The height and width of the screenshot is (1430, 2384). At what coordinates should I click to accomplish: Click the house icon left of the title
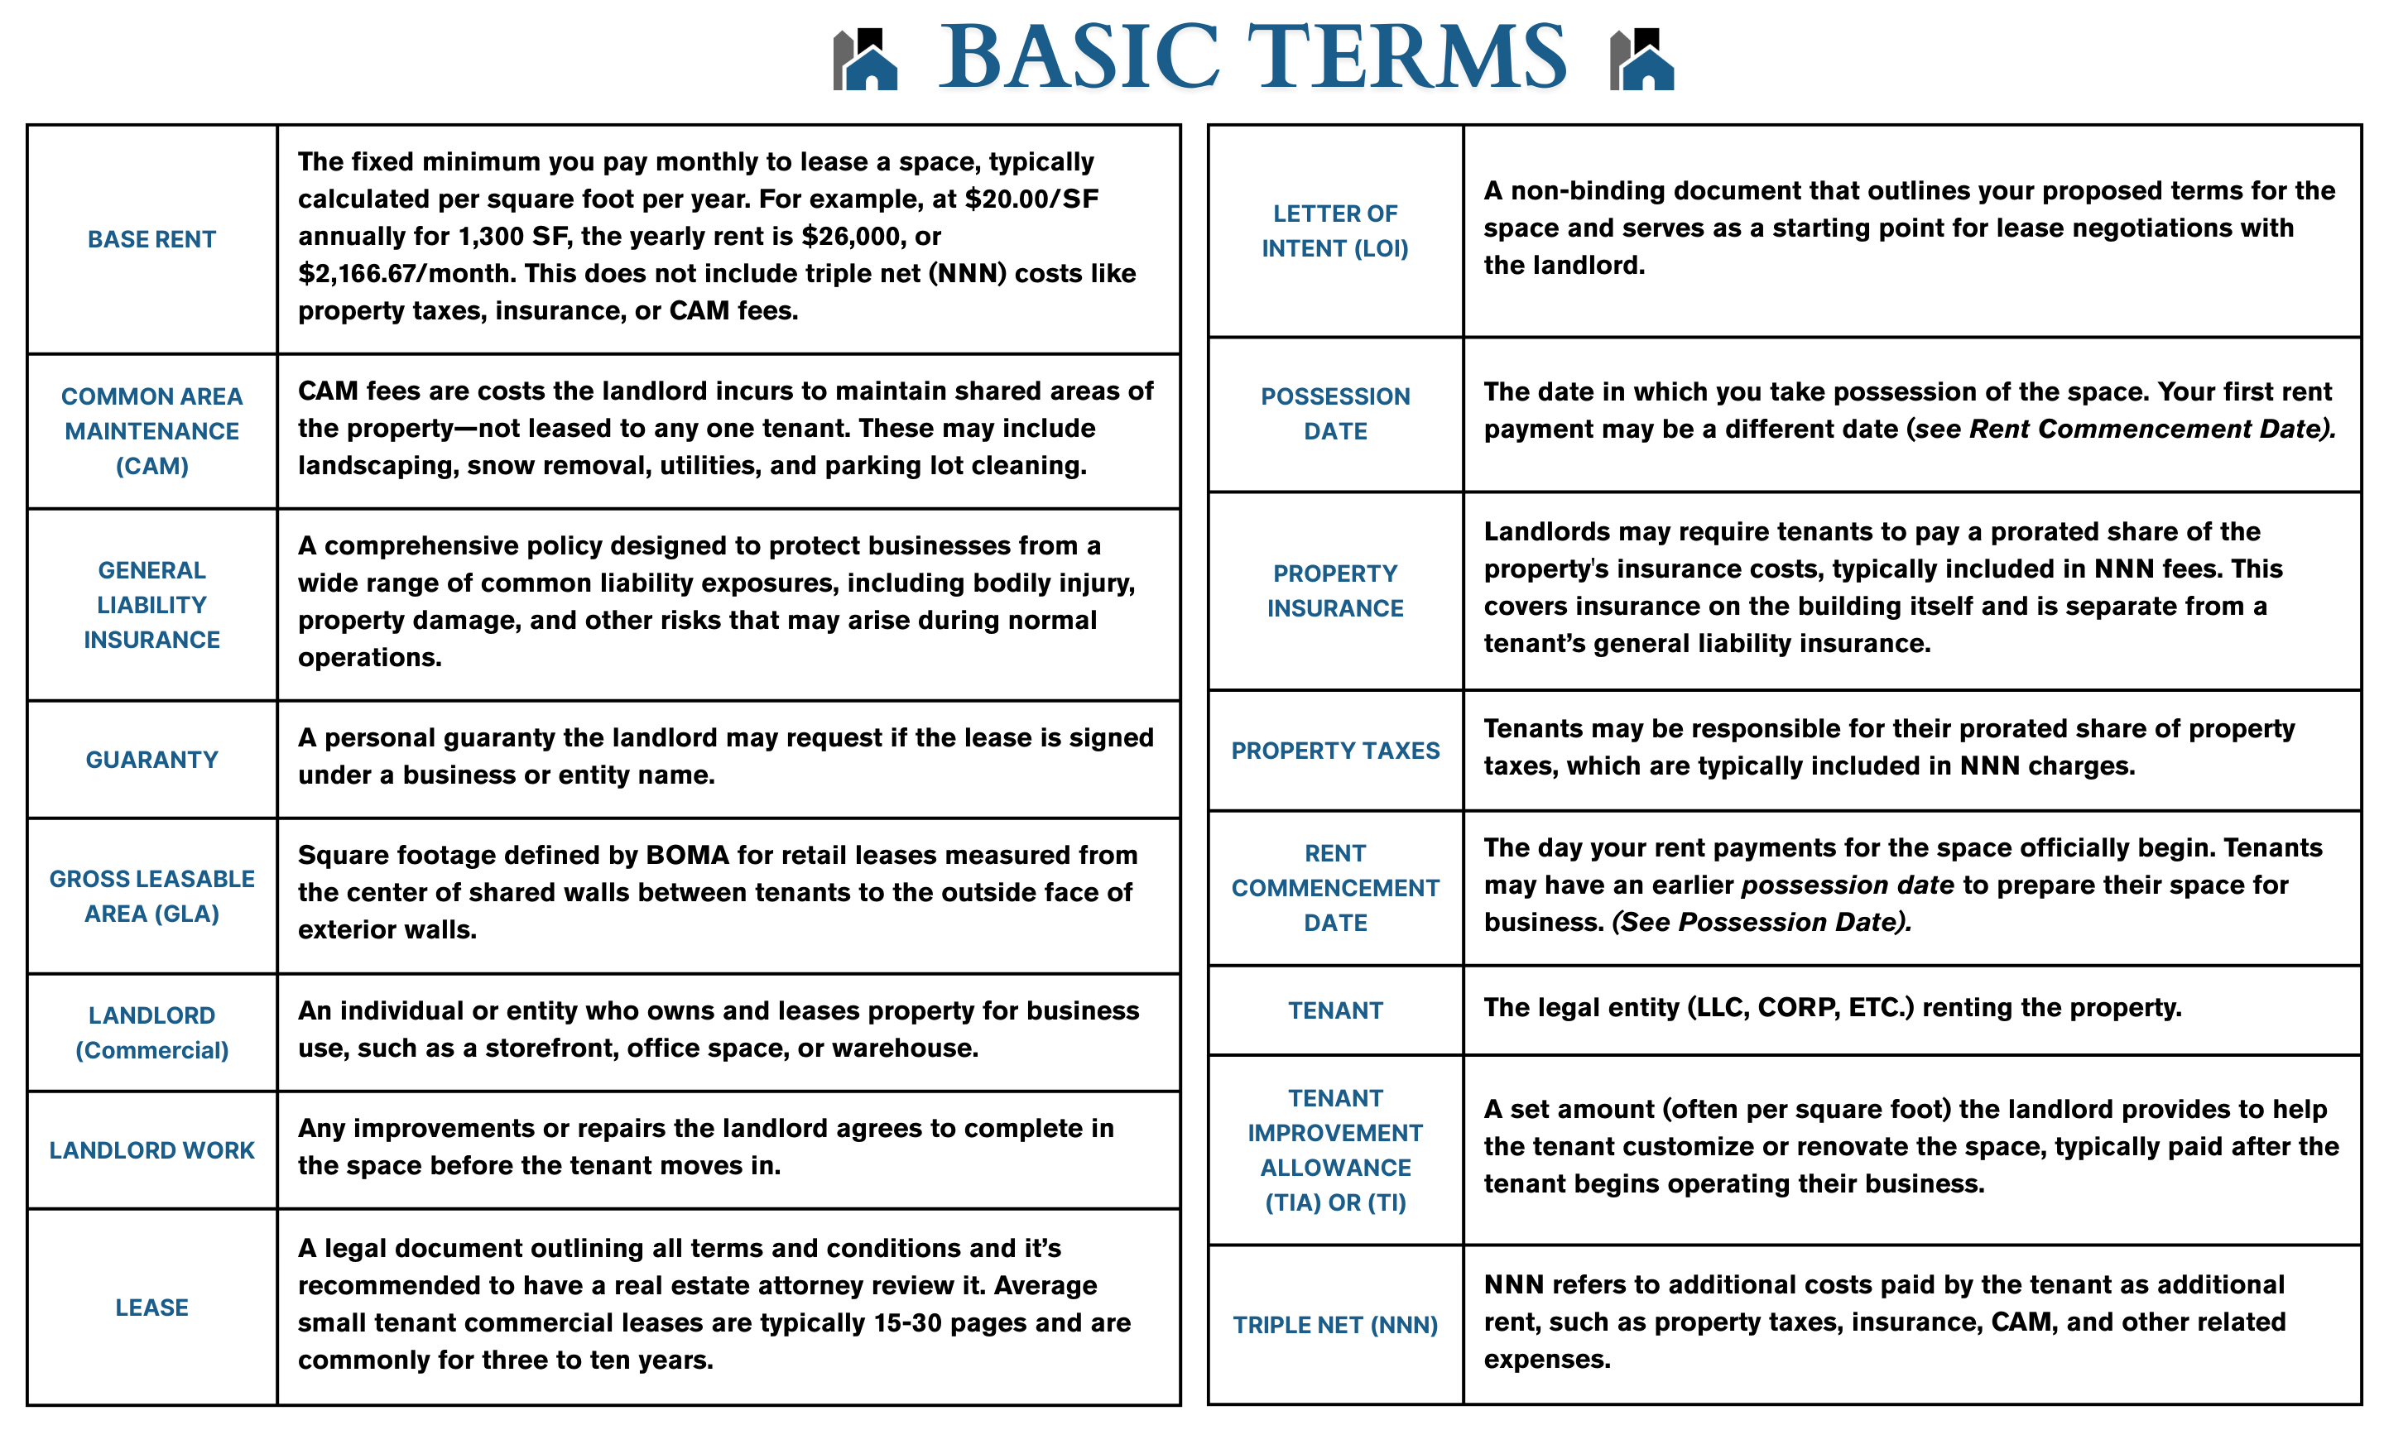click(x=864, y=60)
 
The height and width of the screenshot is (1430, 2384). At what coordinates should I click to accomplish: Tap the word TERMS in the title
click(x=1407, y=58)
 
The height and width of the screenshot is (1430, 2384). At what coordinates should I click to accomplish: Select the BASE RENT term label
click(x=151, y=239)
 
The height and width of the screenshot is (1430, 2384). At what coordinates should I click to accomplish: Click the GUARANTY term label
click(x=151, y=760)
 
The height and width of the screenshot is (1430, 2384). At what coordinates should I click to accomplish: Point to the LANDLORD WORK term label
click(x=151, y=1149)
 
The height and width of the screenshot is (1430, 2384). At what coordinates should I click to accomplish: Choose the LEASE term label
click(x=151, y=1307)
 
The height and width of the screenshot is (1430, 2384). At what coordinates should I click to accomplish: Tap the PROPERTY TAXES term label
click(x=1334, y=750)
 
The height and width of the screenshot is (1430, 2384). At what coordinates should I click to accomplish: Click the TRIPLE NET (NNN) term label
click(x=1334, y=1324)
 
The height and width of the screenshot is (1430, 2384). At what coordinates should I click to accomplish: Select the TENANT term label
click(x=1334, y=1010)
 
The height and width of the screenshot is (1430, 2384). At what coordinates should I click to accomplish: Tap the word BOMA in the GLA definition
click(x=686, y=855)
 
